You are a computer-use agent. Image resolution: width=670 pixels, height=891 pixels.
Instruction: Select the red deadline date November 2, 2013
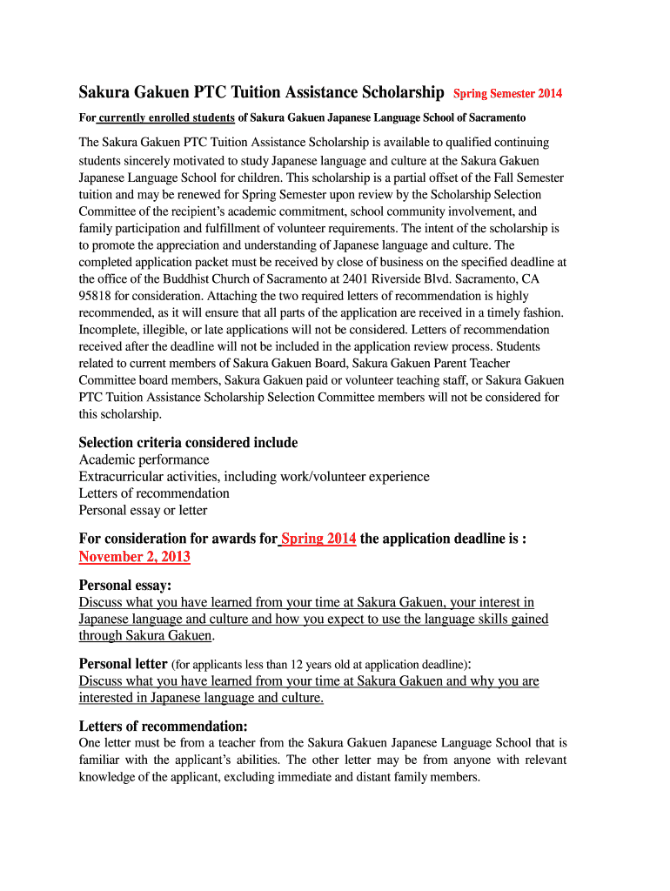[135, 557]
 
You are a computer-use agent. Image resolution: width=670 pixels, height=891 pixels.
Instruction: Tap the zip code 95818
[97, 295]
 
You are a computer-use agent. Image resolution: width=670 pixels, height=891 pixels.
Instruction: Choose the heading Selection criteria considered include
[188, 443]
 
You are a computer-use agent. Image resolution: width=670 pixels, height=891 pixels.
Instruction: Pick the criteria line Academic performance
[144, 459]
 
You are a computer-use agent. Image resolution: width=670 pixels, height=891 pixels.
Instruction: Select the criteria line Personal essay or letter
[143, 510]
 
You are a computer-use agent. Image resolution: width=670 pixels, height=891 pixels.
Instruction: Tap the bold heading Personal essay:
[125, 585]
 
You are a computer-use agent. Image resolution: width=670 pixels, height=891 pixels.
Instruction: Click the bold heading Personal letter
[123, 663]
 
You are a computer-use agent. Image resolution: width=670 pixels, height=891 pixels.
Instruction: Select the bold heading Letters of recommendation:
[164, 726]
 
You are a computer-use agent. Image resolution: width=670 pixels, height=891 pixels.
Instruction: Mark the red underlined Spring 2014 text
[318, 539]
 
